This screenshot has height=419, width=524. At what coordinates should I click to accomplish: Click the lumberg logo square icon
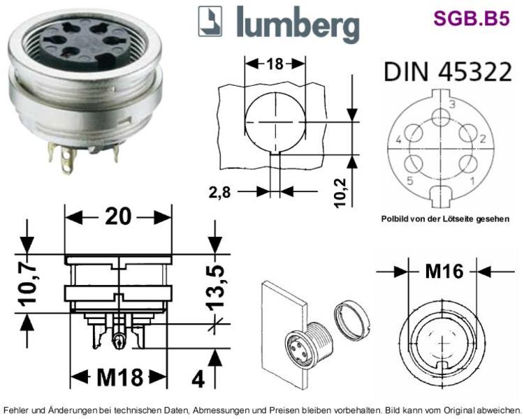[210, 22]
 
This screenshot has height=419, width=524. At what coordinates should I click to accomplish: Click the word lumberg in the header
[298, 24]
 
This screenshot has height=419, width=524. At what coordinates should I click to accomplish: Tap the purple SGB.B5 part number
[472, 18]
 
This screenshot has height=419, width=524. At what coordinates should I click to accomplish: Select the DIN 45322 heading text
[448, 71]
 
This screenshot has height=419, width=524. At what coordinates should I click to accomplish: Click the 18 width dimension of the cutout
[275, 64]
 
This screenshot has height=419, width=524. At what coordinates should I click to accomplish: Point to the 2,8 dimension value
[219, 192]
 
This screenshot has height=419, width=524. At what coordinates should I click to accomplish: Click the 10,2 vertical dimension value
[340, 193]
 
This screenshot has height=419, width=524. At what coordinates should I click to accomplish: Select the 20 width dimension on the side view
[118, 216]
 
